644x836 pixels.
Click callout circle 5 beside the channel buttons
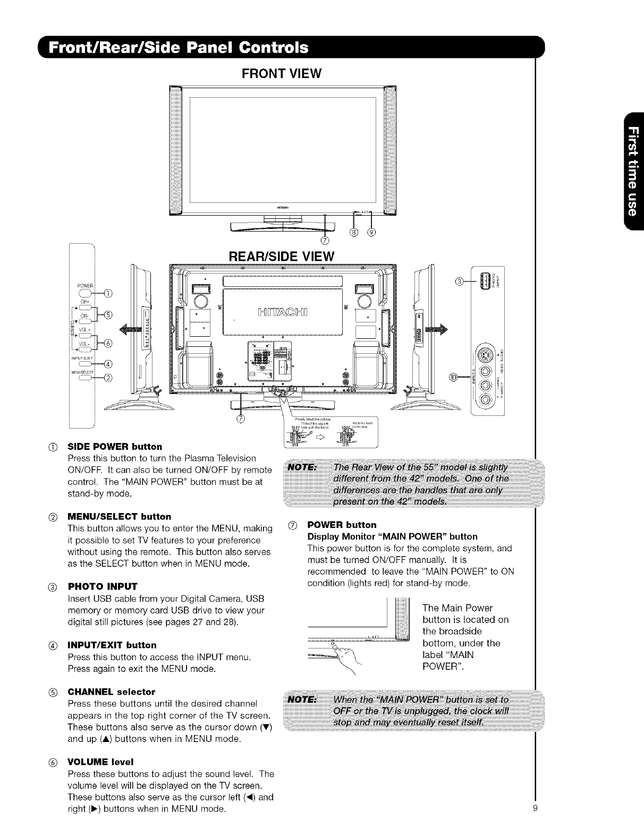pos(108,313)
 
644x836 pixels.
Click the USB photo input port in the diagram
pos(486,281)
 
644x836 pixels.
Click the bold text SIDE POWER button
pos(114,446)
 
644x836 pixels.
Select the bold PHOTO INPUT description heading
pos(103,586)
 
